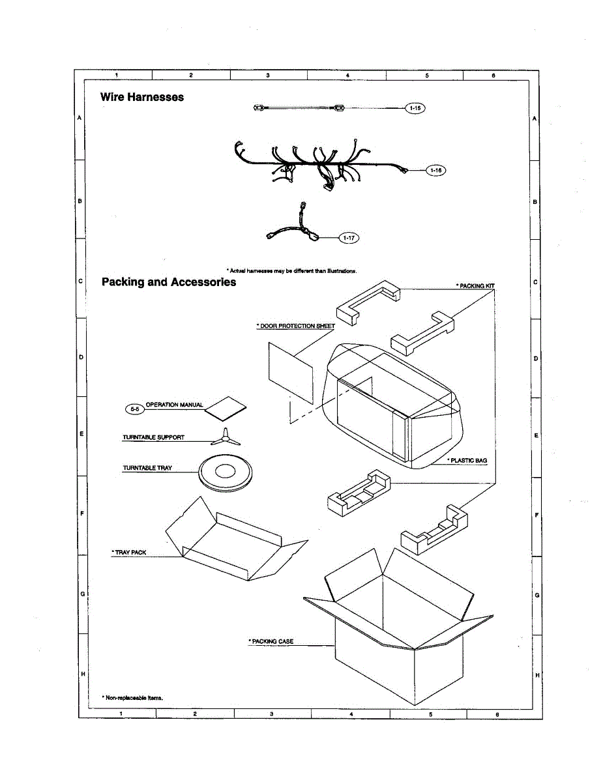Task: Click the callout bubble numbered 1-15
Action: pyautogui.click(x=415, y=108)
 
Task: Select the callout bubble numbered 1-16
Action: pyautogui.click(x=435, y=170)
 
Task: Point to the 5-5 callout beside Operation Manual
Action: pyautogui.click(x=134, y=409)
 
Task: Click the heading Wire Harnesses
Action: pyautogui.click(x=142, y=97)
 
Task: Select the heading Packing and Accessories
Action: pyautogui.click(x=169, y=282)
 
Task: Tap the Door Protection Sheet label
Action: pyautogui.click(x=296, y=326)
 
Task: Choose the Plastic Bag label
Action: pyautogui.click(x=468, y=461)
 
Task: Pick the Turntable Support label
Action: pyautogui.click(x=153, y=437)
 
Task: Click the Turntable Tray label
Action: pyautogui.click(x=147, y=468)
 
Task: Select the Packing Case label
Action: pyautogui.click(x=271, y=641)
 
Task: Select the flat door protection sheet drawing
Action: pyautogui.click(x=290, y=369)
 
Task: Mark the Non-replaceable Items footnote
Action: pyautogui.click(x=132, y=697)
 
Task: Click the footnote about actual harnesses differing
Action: pyautogui.click(x=291, y=270)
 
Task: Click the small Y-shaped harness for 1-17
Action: pyautogui.click(x=296, y=227)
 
